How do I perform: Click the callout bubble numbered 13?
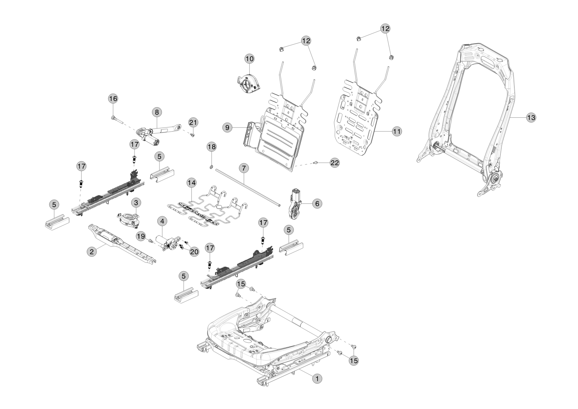[x=530, y=118]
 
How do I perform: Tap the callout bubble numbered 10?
[x=249, y=59]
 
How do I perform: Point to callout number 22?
[x=334, y=163]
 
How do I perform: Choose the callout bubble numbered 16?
[x=113, y=99]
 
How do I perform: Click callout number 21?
[x=193, y=122]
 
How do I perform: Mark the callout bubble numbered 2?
[x=92, y=252]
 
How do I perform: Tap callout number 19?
[x=141, y=236]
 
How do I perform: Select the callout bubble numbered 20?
[x=194, y=252]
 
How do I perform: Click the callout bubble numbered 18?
[x=211, y=146]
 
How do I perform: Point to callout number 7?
[x=244, y=168]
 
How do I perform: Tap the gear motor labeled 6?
[x=296, y=202]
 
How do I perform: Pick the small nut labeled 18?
[x=210, y=166]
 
